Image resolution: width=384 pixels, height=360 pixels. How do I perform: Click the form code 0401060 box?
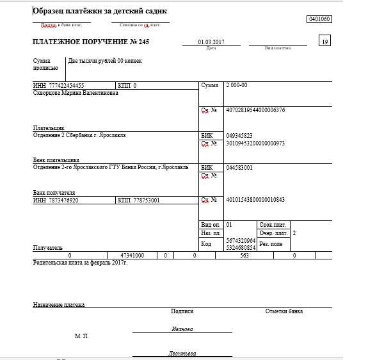[319, 20]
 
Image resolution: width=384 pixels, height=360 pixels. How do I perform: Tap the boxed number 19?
[325, 42]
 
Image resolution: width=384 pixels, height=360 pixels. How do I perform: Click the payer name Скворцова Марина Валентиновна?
[76, 92]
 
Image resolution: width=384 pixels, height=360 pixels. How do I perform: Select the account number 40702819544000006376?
[255, 110]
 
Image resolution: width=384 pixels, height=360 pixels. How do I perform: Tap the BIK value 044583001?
[239, 167]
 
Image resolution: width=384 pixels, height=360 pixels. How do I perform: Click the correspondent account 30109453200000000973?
[255, 143]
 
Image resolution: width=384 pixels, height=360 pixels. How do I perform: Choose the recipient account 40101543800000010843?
[255, 200]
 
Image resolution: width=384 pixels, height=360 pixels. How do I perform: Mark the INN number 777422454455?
[67, 85]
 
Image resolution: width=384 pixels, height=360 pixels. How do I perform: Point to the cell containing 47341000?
[132, 255]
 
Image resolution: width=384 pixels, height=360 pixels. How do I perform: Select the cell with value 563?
[244, 255]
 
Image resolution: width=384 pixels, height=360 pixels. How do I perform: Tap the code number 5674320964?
[241, 240]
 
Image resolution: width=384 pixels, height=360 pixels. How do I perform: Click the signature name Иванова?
[182, 329]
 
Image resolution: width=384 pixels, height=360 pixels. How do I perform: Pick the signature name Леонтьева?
[182, 353]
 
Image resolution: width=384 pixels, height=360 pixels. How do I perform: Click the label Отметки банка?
[284, 311]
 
